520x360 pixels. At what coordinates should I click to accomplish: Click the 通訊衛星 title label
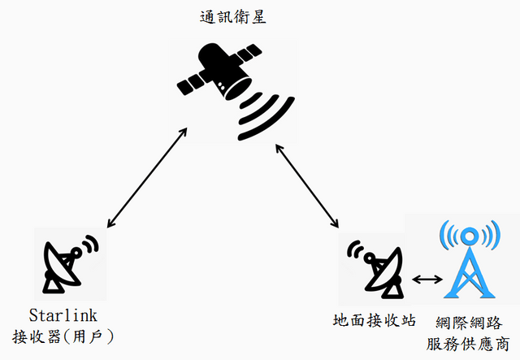[x=235, y=16]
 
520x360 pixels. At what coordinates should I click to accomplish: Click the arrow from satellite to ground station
[x=309, y=185]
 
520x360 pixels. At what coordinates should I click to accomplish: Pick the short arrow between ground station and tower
[x=427, y=280]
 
